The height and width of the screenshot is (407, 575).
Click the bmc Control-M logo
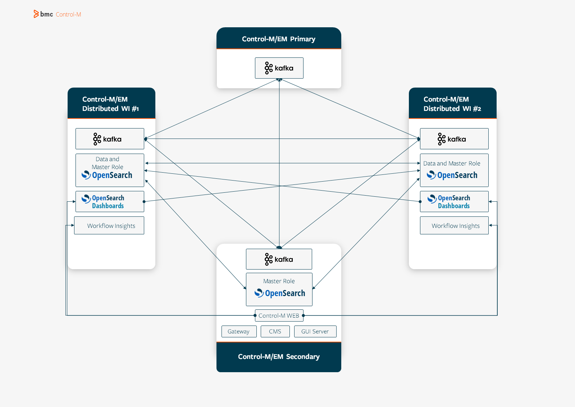click(57, 14)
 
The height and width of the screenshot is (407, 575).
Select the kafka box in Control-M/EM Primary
click(279, 68)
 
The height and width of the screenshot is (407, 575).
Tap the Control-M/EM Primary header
click(279, 39)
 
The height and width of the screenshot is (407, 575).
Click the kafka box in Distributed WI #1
click(110, 139)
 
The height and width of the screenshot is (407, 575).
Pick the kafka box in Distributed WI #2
click(454, 139)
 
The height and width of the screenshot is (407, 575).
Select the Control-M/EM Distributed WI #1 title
click(110, 104)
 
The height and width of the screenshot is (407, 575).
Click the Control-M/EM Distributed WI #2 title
click(452, 104)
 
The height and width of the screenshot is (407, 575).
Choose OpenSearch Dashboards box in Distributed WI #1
click(110, 202)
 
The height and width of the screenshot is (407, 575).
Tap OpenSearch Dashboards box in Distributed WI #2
click(454, 202)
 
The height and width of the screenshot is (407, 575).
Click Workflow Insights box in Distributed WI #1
click(109, 226)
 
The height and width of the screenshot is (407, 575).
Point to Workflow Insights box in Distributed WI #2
click(454, 226)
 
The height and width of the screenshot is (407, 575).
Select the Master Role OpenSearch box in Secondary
click(279, 289)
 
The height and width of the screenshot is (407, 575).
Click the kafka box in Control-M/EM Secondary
click(279, 259)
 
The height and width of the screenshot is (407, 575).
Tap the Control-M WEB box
click(279, 315)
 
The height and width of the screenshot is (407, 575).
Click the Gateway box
click(239, 331)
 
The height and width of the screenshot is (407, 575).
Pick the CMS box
click(275, 331)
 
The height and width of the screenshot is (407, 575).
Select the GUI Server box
click(315, 331)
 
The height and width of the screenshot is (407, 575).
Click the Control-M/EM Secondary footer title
click(279, 357)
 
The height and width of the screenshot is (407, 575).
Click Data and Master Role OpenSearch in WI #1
click(110, 170)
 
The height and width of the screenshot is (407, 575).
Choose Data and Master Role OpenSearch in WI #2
click(454, 170)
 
